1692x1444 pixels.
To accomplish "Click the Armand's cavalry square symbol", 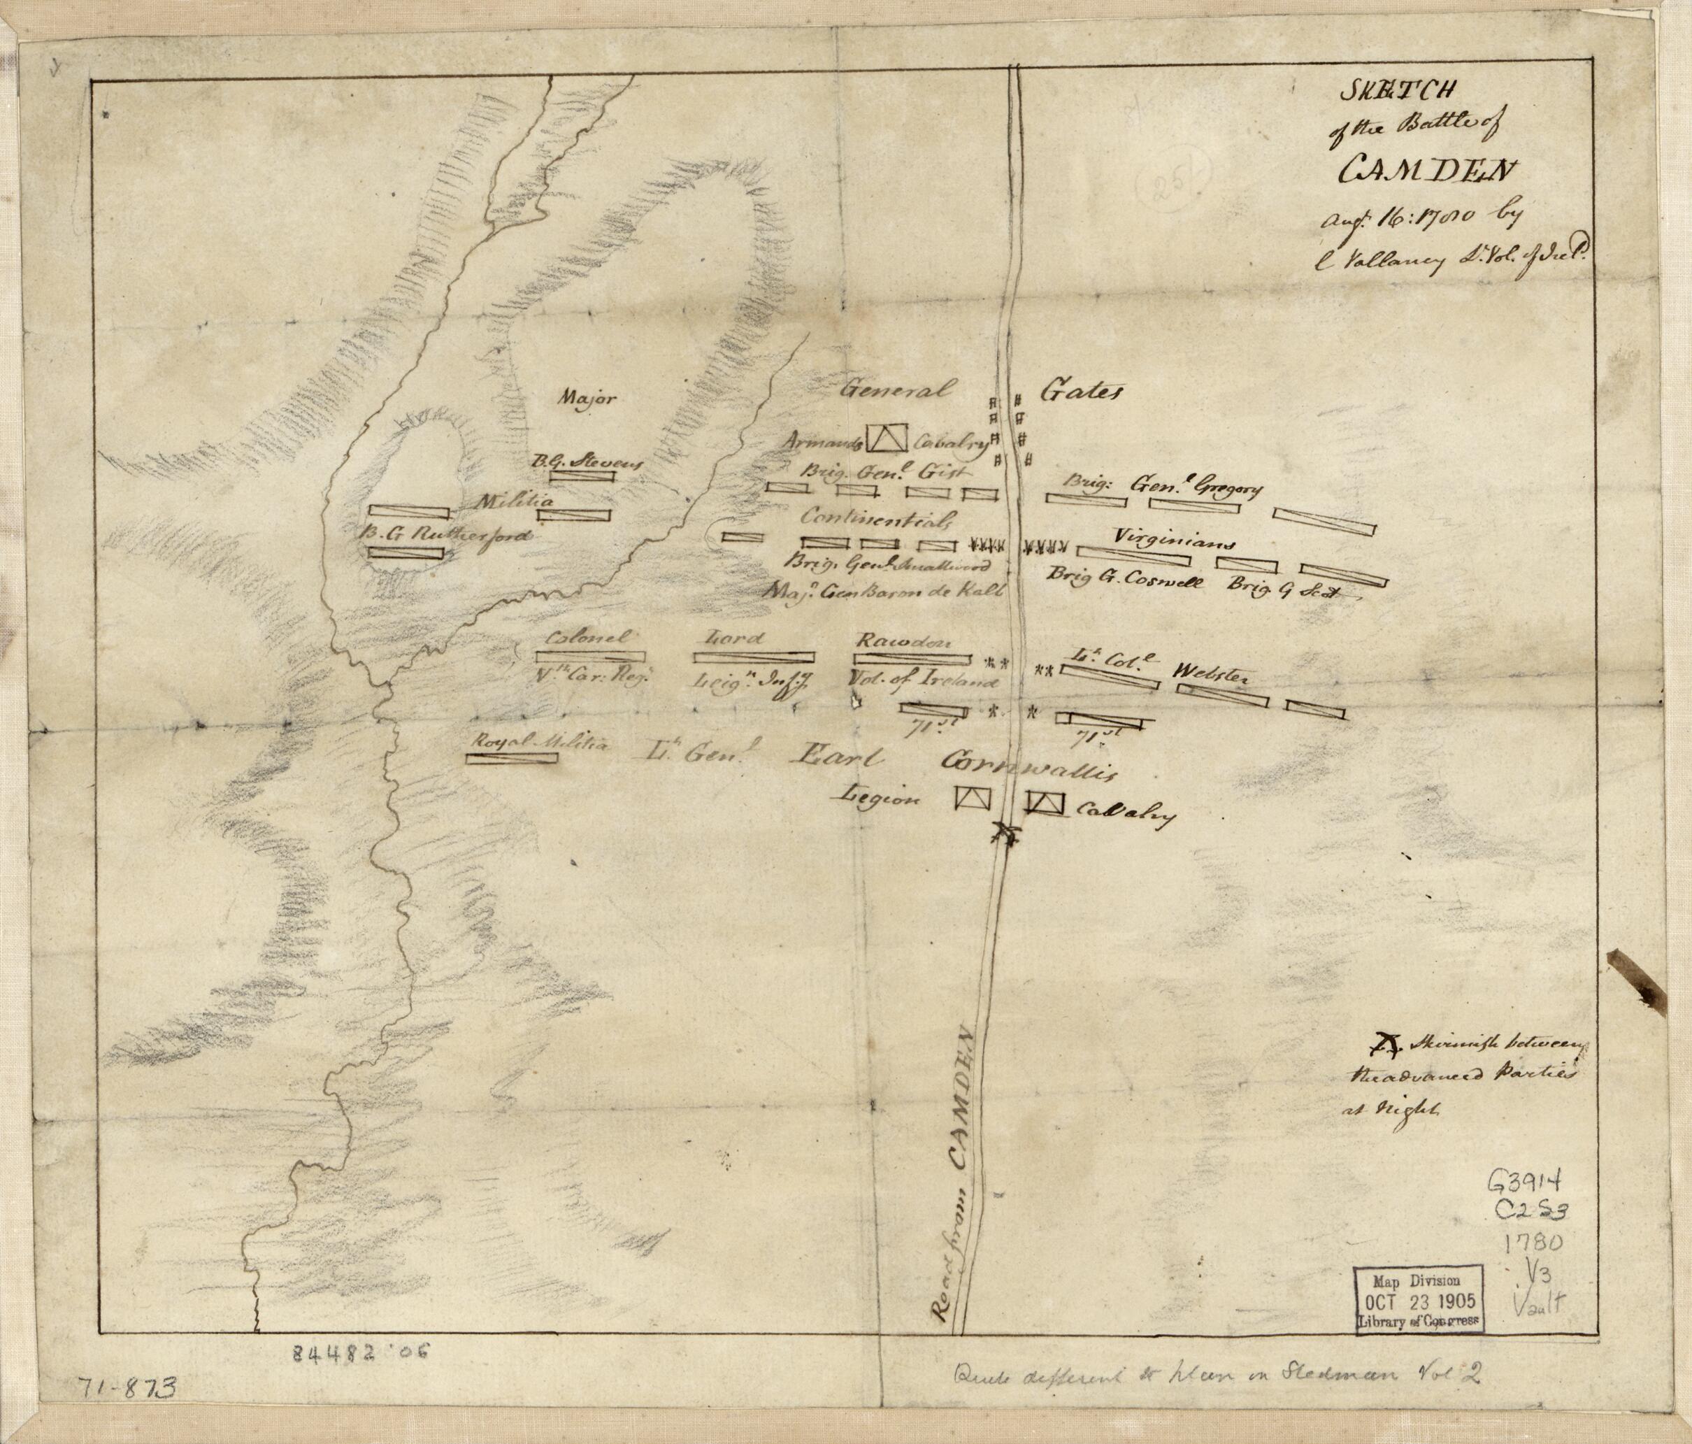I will [886, 438].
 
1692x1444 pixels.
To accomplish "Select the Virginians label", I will [1173, 539].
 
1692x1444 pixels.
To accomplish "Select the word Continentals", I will [877, 519].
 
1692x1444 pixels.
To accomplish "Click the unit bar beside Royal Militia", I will [511, 757].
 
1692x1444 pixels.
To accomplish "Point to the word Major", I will [584, 399].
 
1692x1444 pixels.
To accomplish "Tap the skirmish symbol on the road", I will [1005, 834].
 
